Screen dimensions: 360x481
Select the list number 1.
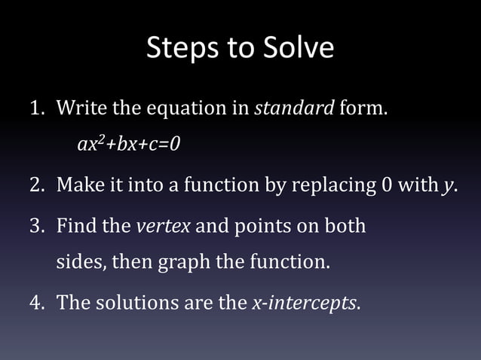coord(35,108)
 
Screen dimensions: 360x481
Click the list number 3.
coord(36,226)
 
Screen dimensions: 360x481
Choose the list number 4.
coord(36,304)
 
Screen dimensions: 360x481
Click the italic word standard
coord(294,108)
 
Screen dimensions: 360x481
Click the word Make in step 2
coord(78,185)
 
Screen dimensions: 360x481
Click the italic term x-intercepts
coord(305,304)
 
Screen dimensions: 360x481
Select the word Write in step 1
coord(81,108)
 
